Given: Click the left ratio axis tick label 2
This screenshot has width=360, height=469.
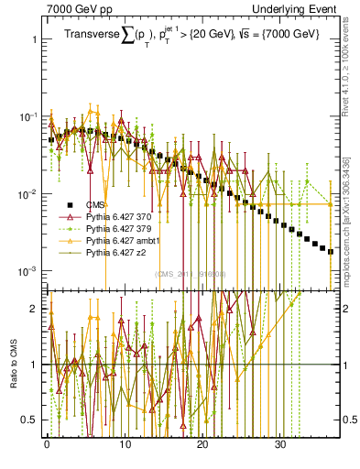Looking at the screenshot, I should (30, 309).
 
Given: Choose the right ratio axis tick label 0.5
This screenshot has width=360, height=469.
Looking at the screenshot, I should (349, 420).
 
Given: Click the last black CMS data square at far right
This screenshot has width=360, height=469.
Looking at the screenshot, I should (331, 251).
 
